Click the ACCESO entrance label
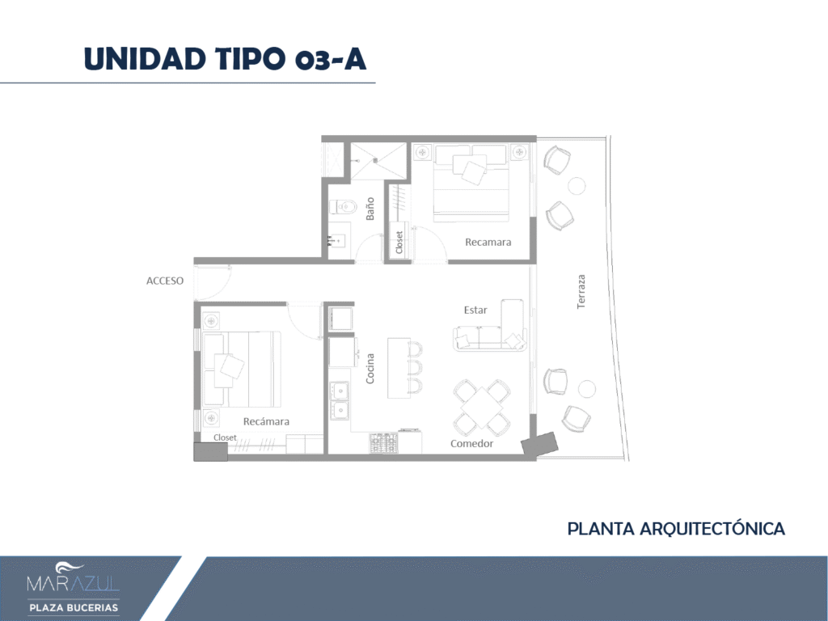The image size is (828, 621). [x=165, y=281]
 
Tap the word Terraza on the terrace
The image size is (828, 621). [x=581, y=291]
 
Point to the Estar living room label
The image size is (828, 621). [x=475, y=310]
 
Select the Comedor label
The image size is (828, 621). [x=471, y=444]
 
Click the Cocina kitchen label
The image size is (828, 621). [x=370, y=369]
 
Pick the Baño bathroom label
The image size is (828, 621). [x=370, y=209]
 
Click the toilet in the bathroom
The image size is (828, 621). [x=343, y=206]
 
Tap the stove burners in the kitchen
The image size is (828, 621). [x=384, y=443]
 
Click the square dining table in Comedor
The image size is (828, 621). [x=482, y=407]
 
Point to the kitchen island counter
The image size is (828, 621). [x=399, y=368]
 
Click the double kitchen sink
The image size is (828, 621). [x=339, y=399]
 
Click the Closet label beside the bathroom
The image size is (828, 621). [x=399, y=243]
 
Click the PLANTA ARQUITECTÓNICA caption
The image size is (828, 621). [x=676, y=529]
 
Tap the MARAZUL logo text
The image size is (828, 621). [x=73, y=583]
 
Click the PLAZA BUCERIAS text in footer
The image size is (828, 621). [x=74, y=608]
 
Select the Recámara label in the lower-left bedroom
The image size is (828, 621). [x=266, y=421]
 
